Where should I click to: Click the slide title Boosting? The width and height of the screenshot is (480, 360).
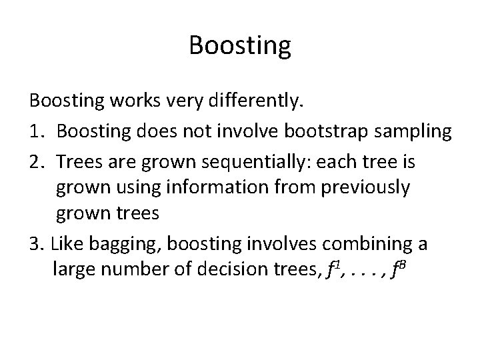pyautogui.click(x=240, y=46)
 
